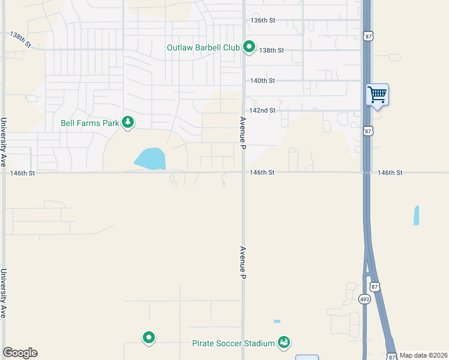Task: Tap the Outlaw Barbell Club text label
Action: [203, 47]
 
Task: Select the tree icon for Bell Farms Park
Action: [127, 123]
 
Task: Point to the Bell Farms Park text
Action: [89, 124]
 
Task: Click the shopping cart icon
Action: [377, 94]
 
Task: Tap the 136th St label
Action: [262, 20]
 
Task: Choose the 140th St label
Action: [262, 80]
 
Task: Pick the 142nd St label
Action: [262, 110]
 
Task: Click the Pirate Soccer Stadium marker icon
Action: [284, 343]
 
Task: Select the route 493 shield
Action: [364, 299]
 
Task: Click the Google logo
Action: [20, 353]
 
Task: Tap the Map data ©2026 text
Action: [423, 355]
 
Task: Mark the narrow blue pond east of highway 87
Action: [417, 215]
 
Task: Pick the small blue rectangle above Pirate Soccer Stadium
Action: [277, 322]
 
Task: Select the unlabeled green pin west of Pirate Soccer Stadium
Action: [148, 338]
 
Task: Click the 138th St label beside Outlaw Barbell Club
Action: [271, 50]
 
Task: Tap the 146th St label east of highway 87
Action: [390, 173]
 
